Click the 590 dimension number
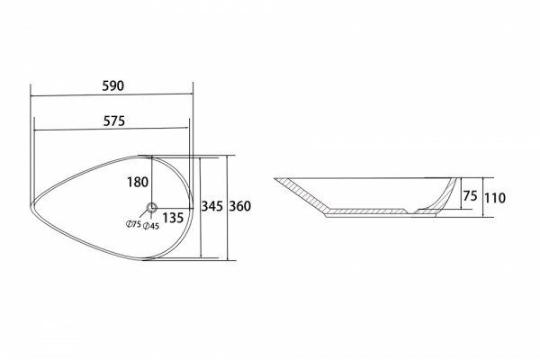tap(113, 85)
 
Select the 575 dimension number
tap(114, 121)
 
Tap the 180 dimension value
tap(138, 182)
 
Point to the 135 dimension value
tap(173, 218)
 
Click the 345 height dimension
tap(212, 206)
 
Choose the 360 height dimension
tap(240, 206)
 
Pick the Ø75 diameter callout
tap(133, 224)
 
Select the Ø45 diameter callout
tap(151, 226)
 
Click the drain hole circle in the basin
tap(152, 208)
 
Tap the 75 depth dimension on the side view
tap(470, 196)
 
